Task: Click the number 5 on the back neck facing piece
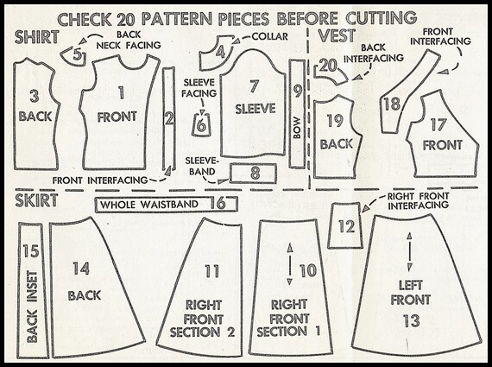[78, 54]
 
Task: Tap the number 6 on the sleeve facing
[201, 125]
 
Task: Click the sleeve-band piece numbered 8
[253, 173]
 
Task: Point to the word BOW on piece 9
[297, 128]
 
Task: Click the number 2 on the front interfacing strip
[169, 118]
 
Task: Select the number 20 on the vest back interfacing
[328, 66]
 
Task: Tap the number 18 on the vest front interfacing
[392, 104]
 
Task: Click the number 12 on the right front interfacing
[346, 226]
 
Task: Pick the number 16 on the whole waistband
[218, 203]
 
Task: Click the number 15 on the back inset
[31, 251]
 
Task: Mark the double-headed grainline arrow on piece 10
[290, 264]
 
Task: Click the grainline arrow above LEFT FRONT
[409, 252]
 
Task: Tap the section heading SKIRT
[36, 200]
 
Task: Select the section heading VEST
[337, 35]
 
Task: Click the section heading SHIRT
[37, 37]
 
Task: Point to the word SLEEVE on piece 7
[255, 109]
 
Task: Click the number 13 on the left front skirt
[412, 321]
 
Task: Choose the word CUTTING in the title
[382, 17]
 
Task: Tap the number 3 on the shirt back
[35, 96]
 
